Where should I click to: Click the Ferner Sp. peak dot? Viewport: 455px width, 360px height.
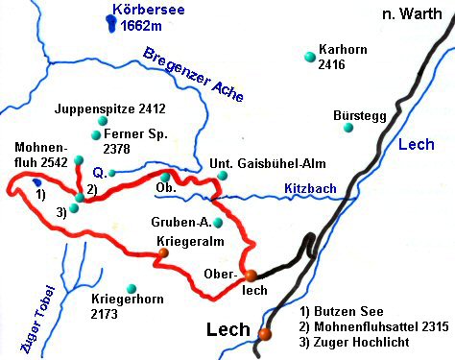click(x=96, y=135)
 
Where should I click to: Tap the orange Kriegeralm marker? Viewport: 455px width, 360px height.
click(x=164, y=253)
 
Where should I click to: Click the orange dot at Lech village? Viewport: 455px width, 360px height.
click(x=264, y=334)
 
